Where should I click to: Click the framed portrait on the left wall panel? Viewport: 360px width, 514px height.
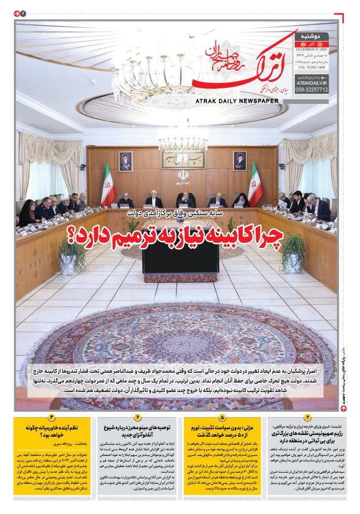coord(125,160)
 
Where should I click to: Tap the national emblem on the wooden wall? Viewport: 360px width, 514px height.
coord(181,178)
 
